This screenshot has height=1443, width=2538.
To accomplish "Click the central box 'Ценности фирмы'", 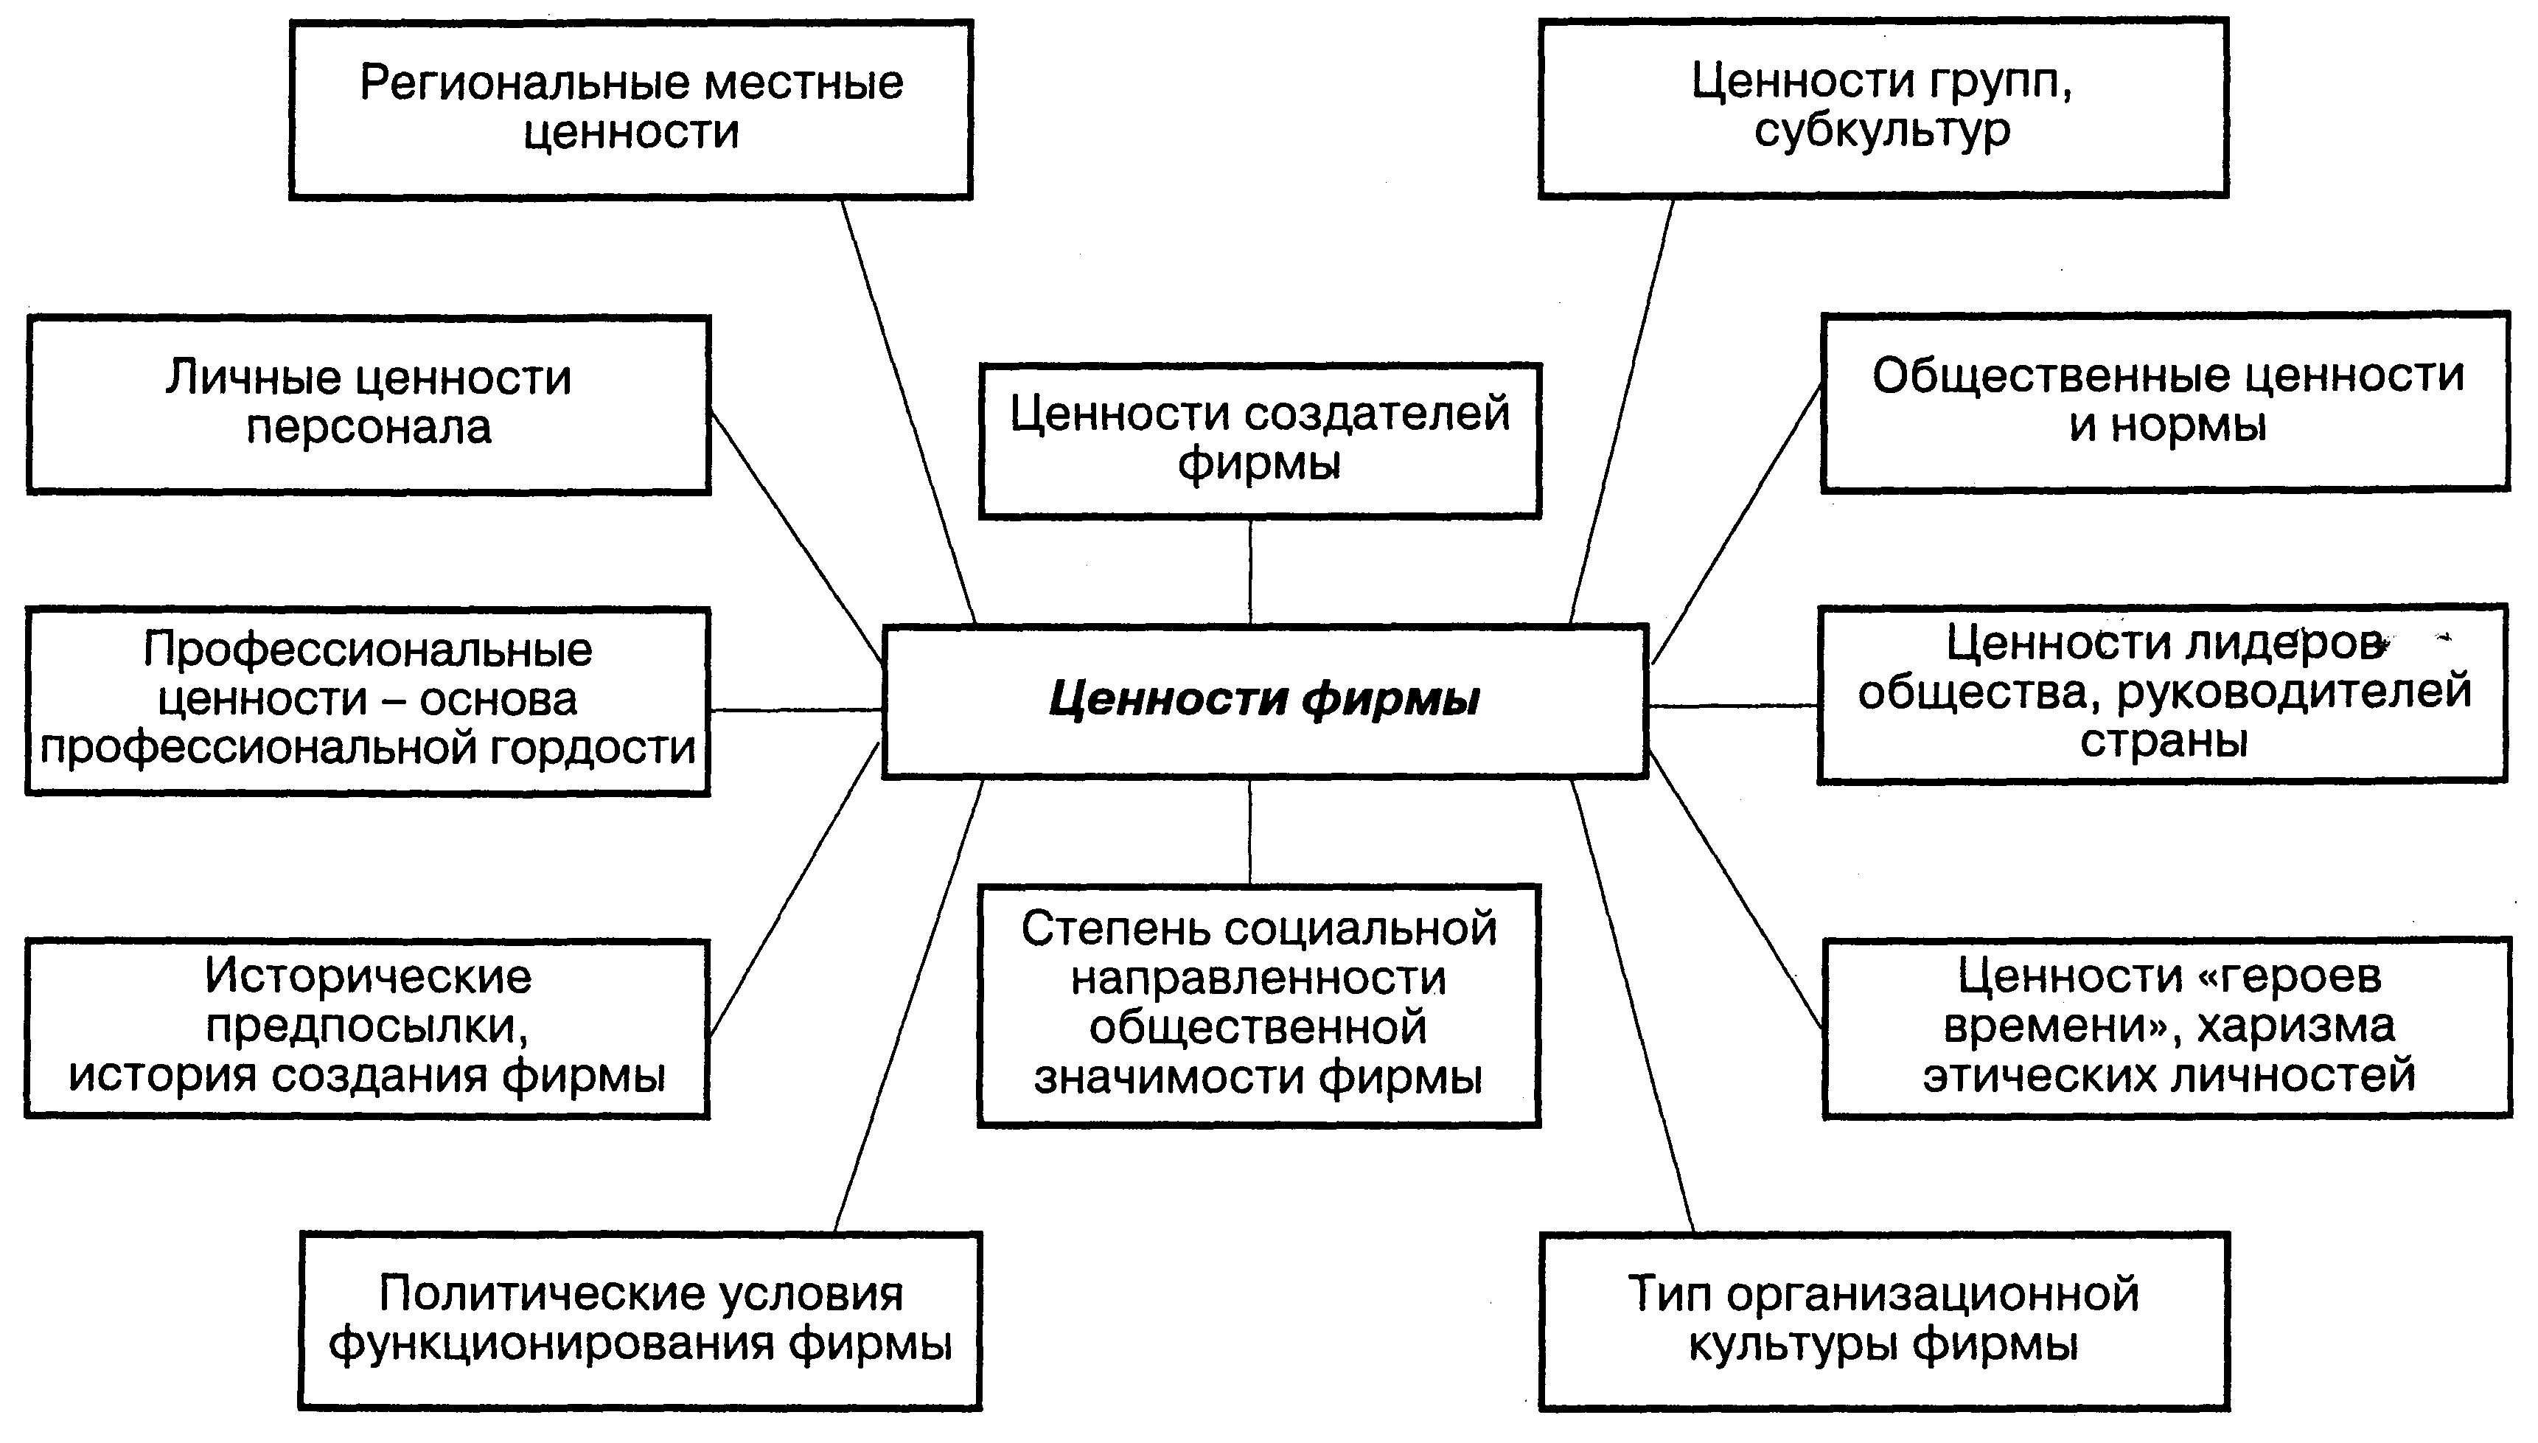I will click(x=1264, y=700).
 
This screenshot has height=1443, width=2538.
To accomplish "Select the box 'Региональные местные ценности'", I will click(x=631, y=109).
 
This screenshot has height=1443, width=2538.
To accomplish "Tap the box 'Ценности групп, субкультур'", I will click(x=1882, y=107).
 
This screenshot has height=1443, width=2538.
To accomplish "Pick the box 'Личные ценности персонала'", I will click(x=368, y=403).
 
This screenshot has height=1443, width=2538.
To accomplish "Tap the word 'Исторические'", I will click(x=368, y=977).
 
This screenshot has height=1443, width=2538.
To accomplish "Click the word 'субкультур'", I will click(x=1882, y=131).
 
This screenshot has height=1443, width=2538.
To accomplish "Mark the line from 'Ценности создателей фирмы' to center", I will click(x=1250, y=572).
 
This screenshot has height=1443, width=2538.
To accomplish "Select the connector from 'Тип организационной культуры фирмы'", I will click(x=1633, y=1006).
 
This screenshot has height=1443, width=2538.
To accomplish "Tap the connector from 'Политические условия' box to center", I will click(x=908, y=1006).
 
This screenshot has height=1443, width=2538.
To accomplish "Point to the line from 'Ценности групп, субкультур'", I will click(x=1622, y=411).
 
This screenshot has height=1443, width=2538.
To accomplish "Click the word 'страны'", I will click(x=2164, y=741).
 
